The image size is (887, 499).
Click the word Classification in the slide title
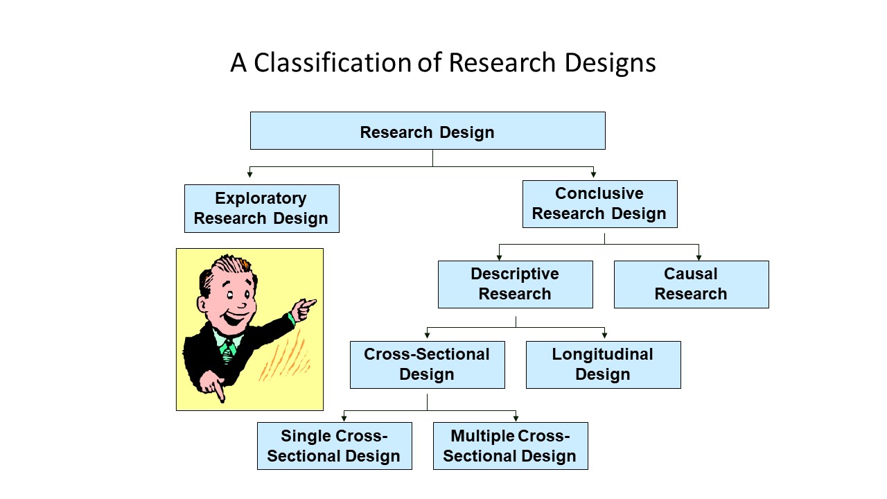coord(332,63)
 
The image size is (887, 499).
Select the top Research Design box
coord(427,131)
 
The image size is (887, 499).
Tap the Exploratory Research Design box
coord(261,209)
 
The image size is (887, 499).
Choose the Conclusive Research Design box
coord(599,204)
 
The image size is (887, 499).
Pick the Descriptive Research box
coord(515,284)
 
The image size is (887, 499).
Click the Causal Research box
coord(691,284)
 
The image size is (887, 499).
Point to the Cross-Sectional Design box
coord(427,365)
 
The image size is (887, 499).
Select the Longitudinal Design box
coord(603,365)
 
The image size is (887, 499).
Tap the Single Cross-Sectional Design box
coord(334,446)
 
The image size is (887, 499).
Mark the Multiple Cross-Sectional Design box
coord(510,446)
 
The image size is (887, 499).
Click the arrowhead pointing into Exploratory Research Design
coord(249,174)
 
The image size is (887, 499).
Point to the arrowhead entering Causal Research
coord(699,257)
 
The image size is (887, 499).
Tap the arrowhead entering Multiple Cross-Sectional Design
coord(516,418)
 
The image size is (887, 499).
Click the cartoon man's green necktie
coord(227,350)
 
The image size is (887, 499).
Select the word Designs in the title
coord(610,63)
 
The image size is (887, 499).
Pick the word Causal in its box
coord(691,274)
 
